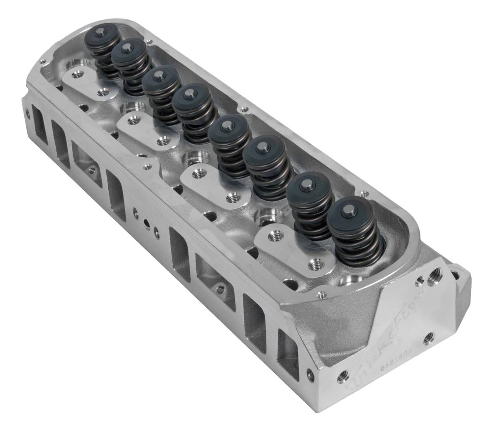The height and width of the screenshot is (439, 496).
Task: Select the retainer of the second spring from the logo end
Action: click(x=307, y=187)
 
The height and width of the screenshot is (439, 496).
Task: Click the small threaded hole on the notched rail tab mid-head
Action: click(x=145, y=167)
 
